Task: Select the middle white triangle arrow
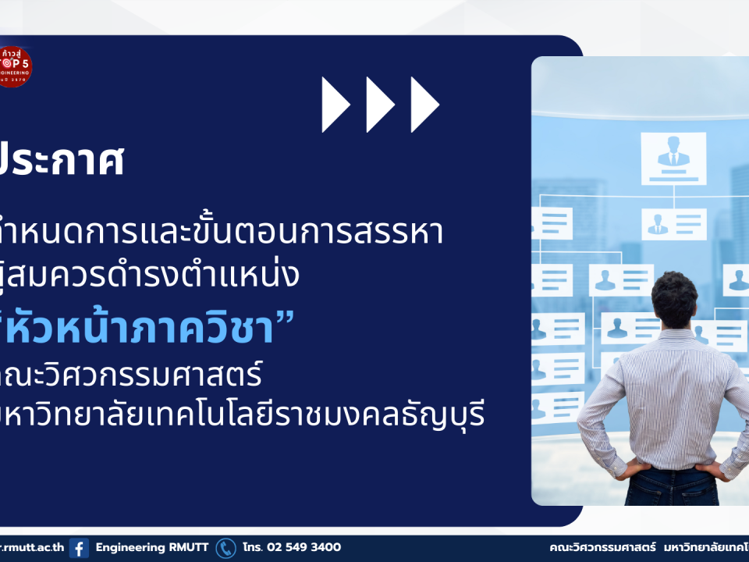(x=380, y=105)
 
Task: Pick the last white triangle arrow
(x=424, y=105)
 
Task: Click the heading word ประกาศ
(x=62, y=162)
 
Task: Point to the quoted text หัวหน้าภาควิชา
(x=140, y=329)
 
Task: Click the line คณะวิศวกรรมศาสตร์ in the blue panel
(x=133, y=375)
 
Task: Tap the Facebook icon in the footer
(x=79, y=548)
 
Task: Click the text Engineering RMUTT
(x=152, y=548)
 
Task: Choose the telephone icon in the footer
(x=225, y=548)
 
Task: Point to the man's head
(x=674, y=298)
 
